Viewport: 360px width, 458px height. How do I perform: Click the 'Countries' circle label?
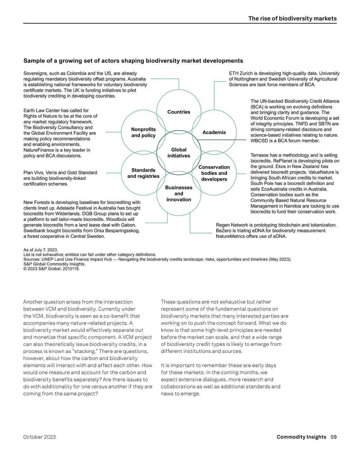point(178,112)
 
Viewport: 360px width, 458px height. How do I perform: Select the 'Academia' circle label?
point(214,132)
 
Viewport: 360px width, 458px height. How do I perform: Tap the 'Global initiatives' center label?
point(178,153)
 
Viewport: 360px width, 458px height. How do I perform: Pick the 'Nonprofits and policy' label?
point(143,132)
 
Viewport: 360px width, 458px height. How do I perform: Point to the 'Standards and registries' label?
point(143,173)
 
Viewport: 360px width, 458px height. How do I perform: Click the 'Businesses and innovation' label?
point(178,193)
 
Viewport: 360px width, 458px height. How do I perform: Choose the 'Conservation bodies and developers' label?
point(214,173)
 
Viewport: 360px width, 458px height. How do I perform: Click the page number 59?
point(333,437)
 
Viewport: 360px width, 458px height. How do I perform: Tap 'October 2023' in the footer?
point(40,437)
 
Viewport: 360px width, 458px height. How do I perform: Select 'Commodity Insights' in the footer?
point(301,437)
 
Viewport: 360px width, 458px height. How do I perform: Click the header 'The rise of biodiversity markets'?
point(292,18)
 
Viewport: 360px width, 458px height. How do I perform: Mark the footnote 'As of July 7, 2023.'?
point(40,250)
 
